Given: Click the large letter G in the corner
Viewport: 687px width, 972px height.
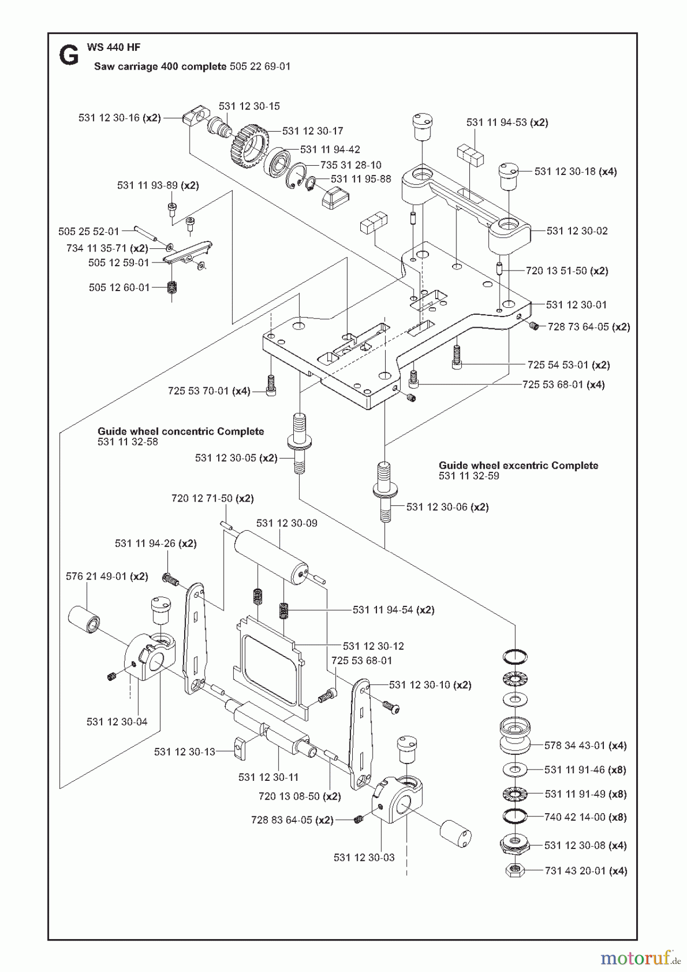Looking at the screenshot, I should (x=69, y=55).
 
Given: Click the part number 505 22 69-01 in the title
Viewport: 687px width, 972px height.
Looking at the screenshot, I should (x=260, y=66).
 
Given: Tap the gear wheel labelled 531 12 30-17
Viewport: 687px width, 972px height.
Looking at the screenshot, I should (x=251, y=143).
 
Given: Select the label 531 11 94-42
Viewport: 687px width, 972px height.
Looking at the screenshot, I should (x=330, y=149).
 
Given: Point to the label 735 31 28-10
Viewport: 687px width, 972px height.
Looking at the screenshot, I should (x=351, y=165).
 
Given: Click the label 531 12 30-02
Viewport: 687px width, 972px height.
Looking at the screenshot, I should (x=577, y=231).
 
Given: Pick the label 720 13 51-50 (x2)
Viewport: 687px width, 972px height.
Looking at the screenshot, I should (x=567, y=271).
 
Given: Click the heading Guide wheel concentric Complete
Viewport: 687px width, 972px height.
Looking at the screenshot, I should (x=181, y=431).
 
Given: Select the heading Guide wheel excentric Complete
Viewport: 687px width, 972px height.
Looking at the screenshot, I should (x=518, y=465).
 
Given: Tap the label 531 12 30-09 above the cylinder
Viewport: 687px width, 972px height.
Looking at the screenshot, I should (x=287, y=523).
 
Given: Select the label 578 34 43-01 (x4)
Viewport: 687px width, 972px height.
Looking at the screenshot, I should (x=585, y=745).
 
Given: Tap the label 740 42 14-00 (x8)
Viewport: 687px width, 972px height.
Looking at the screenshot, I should (x=585, y=817).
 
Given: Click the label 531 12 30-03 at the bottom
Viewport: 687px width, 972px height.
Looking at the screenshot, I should (x=364, y=858).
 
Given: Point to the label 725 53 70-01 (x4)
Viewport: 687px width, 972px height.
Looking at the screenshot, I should (x=209, y=390).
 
